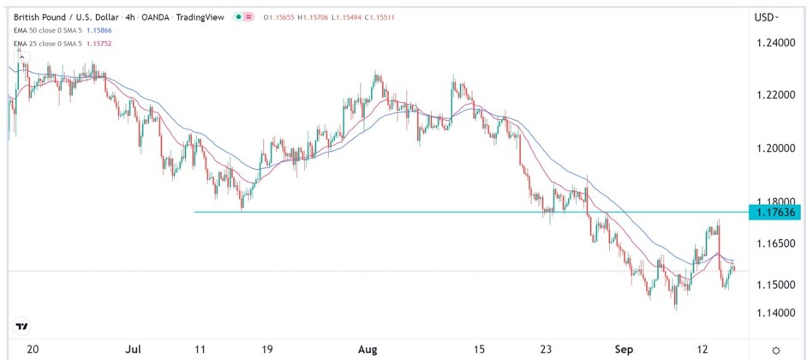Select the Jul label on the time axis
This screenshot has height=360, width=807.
pyautogui.click(x=134, y=350)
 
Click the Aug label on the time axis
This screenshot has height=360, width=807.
pyautogui.click(x=368, y=350)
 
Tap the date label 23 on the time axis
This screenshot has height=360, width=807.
pyautogui.click(x=547, y=350)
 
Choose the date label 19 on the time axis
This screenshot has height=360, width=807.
pyautogui.click(x=267, y=350)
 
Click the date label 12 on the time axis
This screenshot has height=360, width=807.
pyautogui.click(x=702, y=350)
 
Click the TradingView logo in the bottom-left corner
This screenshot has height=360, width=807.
pyautogui.click(x=22, y=327)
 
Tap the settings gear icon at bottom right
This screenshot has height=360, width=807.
pyautogui.click(x=775, y=350)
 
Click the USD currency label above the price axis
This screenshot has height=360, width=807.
pyautogui.click(x=765, y=16)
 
